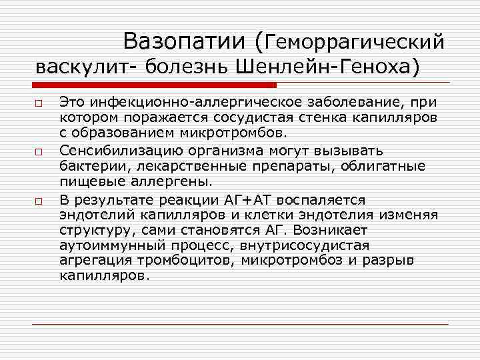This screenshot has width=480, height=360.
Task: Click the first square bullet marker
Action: click(40, 103)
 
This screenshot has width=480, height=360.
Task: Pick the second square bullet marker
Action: click(40, 152)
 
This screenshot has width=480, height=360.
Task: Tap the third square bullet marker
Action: click(40, 201)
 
